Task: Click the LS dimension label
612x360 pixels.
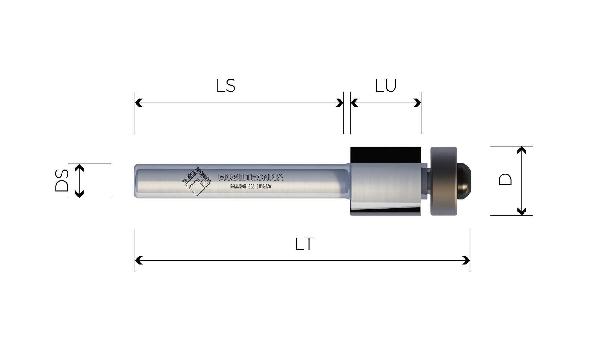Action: click(226, 86)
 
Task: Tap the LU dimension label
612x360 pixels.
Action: click(386, 86)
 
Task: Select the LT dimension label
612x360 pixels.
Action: click(304, 244)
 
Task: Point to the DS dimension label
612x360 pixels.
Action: click(62, 181)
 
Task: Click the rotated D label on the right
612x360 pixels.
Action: click(505, 180)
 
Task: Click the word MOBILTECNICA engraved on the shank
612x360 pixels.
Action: click(251, 177)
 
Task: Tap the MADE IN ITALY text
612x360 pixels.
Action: click(251, 186)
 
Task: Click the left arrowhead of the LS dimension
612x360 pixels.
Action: click(139, 103)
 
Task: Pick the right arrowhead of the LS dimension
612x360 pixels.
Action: click(339, 103)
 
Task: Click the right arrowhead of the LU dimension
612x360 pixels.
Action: click(417, 103)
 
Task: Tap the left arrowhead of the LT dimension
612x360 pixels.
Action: click(139, 261)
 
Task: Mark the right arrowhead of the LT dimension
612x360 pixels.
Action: click(466, 261)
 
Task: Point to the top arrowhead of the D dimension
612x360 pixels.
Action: click(522, 150)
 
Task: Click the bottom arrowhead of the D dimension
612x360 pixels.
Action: click(522, 212)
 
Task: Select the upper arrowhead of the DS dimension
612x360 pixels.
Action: click(79, 168)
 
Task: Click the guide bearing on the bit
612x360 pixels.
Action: click(444, 181)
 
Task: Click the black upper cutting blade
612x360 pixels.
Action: click(385, 155)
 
